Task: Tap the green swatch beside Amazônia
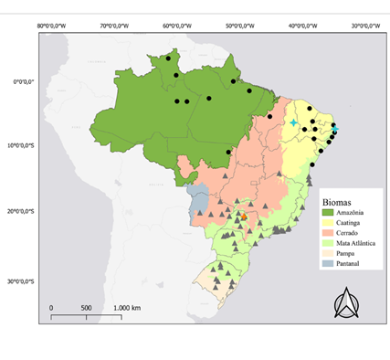(328, 212)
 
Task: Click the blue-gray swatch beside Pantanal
(328, 263)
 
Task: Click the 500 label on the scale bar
(86, 308)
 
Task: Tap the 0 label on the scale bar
(51, 308)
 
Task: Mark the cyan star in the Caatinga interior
(294, 122)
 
